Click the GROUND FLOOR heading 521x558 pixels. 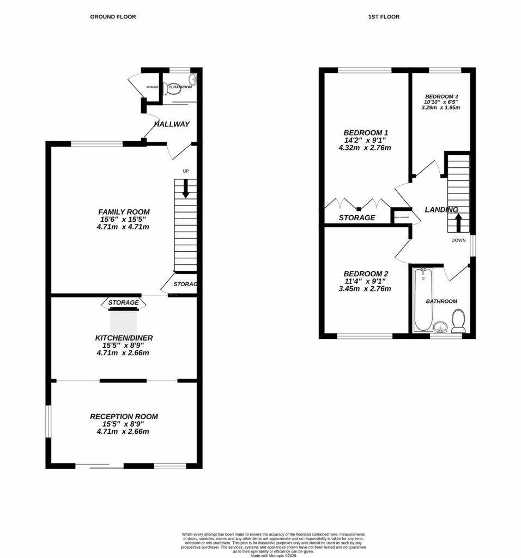click(x=113, y=17)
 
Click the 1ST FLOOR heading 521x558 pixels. click(x=384, y=17)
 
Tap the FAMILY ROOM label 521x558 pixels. click(x=124, y=211)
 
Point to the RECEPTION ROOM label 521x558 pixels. click(x=124, y=416)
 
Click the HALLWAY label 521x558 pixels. click(x=172, y=124)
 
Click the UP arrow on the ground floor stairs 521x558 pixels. click(x=185, y=189)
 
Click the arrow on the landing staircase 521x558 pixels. click(x=458, y=222)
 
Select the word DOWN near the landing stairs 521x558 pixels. click(x=458, y=240)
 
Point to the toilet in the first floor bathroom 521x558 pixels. click(x=458, y=321)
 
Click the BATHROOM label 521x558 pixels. click(x=441, y=301)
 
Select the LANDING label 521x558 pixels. click(x=441, y=210)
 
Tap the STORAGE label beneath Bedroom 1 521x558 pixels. click(x=357, y=217)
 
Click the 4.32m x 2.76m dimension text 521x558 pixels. click(x=366, y=148)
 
